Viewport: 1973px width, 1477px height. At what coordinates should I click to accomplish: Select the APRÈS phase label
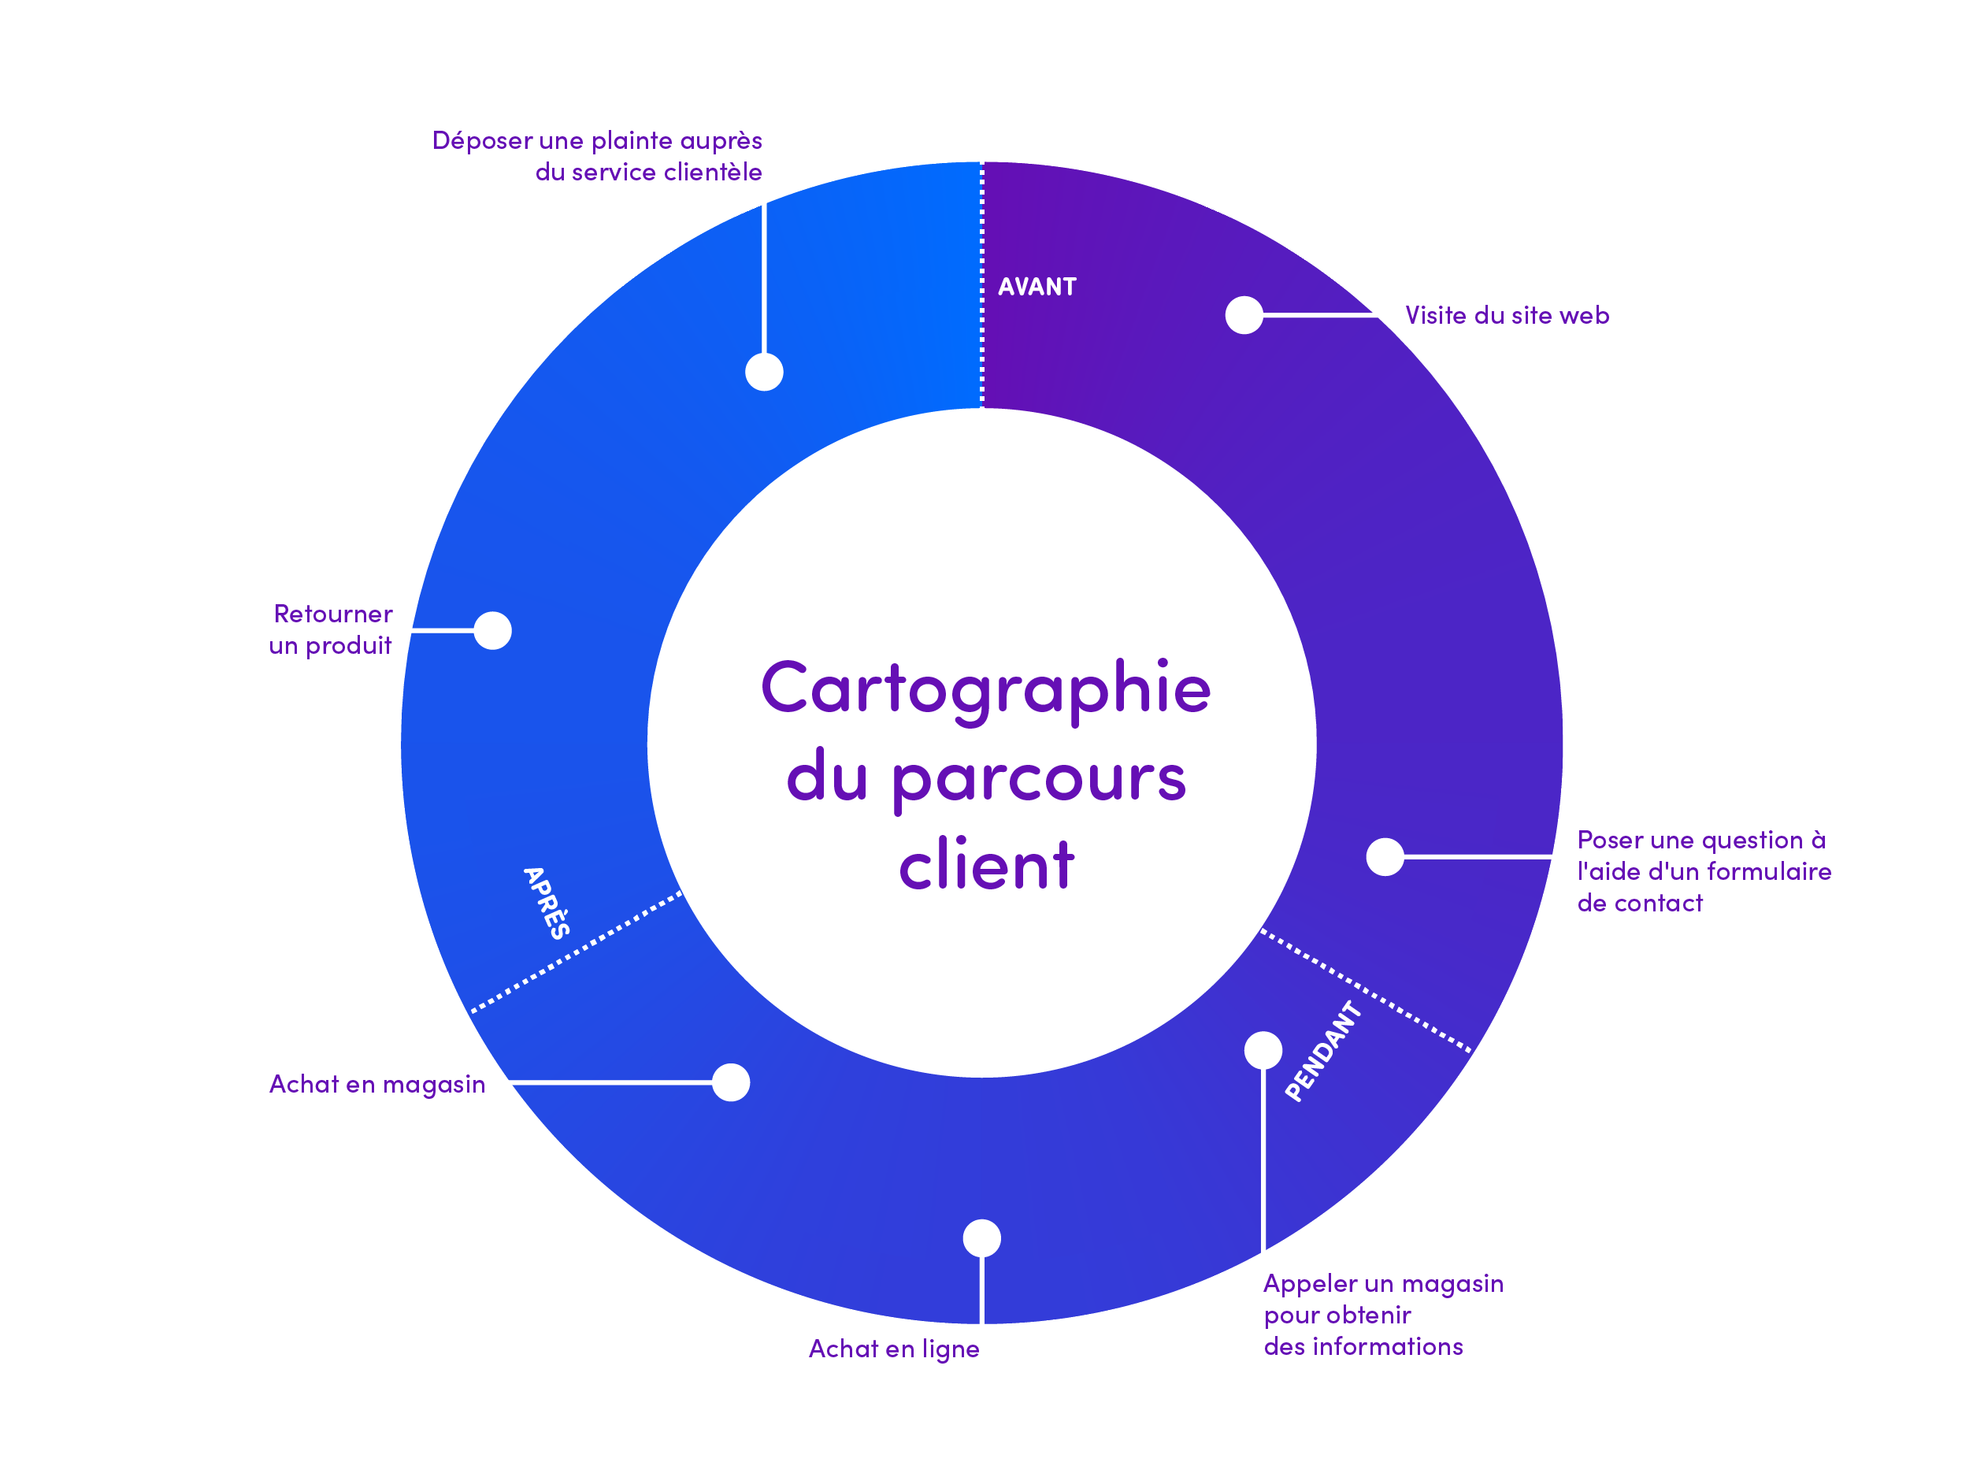tap(546, 903)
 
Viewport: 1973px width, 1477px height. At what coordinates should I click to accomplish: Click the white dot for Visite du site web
tap(1244, 315)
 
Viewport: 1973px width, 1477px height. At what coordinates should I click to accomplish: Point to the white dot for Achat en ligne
tap(981, 1238)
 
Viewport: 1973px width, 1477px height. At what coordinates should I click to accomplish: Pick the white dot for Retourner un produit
tap(492, 630)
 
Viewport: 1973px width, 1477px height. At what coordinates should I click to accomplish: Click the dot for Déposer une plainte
tap(763, 371)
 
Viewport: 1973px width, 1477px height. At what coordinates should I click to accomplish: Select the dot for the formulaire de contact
tap(1385, 856)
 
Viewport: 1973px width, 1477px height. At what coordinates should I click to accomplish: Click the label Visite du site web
tap(1507, 315)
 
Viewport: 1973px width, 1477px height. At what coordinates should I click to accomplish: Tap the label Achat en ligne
tap(894, 1349)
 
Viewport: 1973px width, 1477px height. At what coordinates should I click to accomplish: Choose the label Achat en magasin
tap(377, 1084)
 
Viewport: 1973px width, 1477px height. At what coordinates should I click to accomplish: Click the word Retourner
tap(332, 614)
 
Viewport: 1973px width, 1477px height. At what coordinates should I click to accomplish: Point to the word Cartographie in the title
tap(985, 690)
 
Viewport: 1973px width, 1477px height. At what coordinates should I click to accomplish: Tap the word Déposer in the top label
tap(482, 141)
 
